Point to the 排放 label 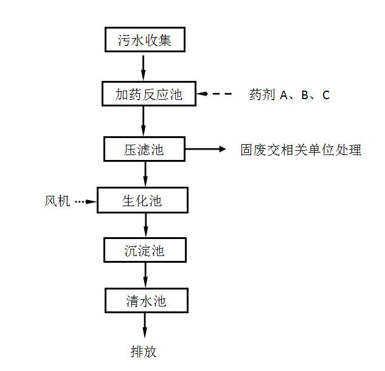(x=144, y=352)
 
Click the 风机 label (x=57, y=201)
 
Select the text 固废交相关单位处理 (x=301, y=150)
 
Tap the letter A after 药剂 (x=284, y=95)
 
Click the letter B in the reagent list (x=305, y=95)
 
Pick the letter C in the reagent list (x=326, y=95)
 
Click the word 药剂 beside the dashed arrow (x=262, y=94)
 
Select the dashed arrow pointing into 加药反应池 (x=214, y=94)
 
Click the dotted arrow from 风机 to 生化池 (x=86, y=201)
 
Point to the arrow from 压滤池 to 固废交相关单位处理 (x=205, y=148)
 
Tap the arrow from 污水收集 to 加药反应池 (x=143, y=68)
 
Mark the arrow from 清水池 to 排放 (x=145, y=325)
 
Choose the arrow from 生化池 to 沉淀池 (x=145, y=225)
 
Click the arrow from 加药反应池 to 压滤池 (x=144, y=121)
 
